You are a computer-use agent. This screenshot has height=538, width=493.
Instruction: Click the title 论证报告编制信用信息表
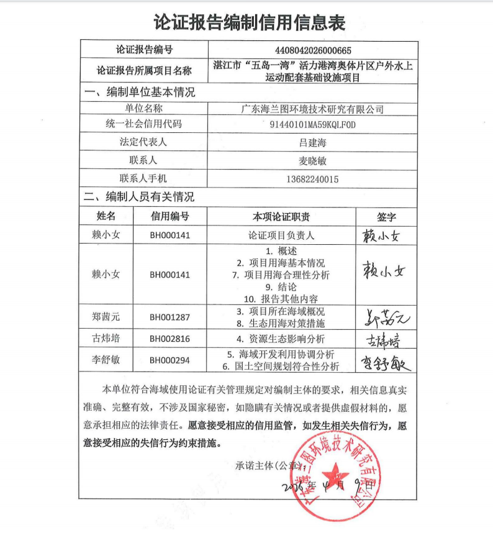coord(249,22)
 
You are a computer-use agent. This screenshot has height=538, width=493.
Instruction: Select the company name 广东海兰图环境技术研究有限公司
coord(312,109)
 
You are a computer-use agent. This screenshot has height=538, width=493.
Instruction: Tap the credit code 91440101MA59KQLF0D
coord(312,125)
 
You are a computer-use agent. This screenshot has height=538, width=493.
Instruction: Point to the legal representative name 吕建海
coord(312,143)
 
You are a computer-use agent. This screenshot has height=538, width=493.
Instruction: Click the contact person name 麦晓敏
coord(312,161)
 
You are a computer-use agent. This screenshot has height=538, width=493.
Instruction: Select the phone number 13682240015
coord(312,179)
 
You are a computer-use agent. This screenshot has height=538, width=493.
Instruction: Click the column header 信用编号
coord(170,216)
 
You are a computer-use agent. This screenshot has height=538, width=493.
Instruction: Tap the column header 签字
coord(386,217)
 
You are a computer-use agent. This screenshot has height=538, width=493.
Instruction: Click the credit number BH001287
coord(170,317)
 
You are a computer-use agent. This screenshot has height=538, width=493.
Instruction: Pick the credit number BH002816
coord(170,339)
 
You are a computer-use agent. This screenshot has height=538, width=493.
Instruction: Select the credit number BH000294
coord(170,361)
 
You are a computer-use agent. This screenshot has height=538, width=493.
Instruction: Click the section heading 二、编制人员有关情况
coord(140,197)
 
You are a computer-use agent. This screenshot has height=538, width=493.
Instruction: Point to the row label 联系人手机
coord(143,179)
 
